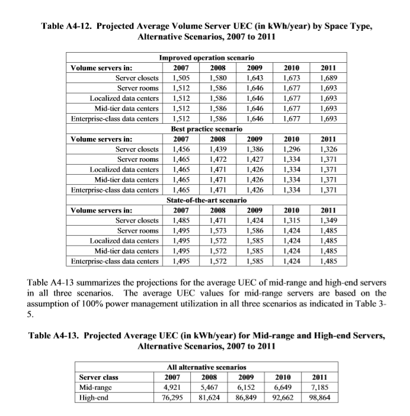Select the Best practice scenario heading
tap(206, 129)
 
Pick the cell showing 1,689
tap(328, 78)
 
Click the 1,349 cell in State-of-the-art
tap(328, 220)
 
